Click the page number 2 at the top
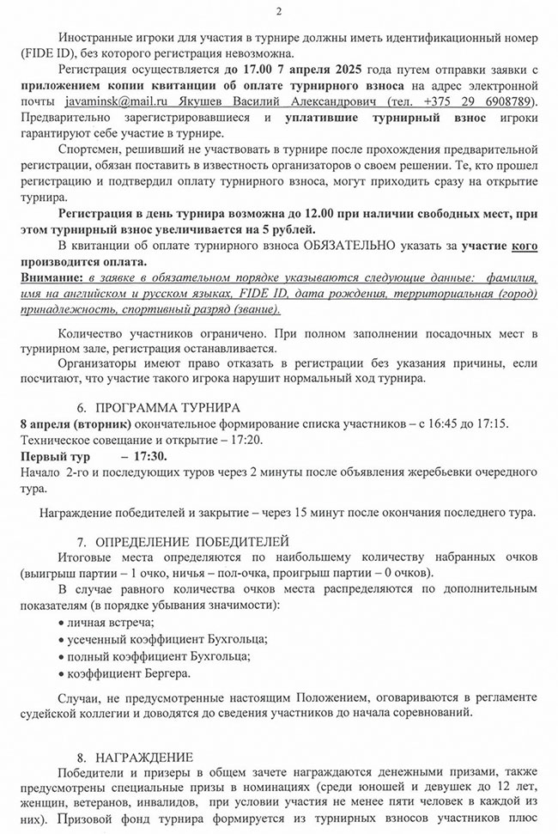279,11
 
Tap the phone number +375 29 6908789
486,101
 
